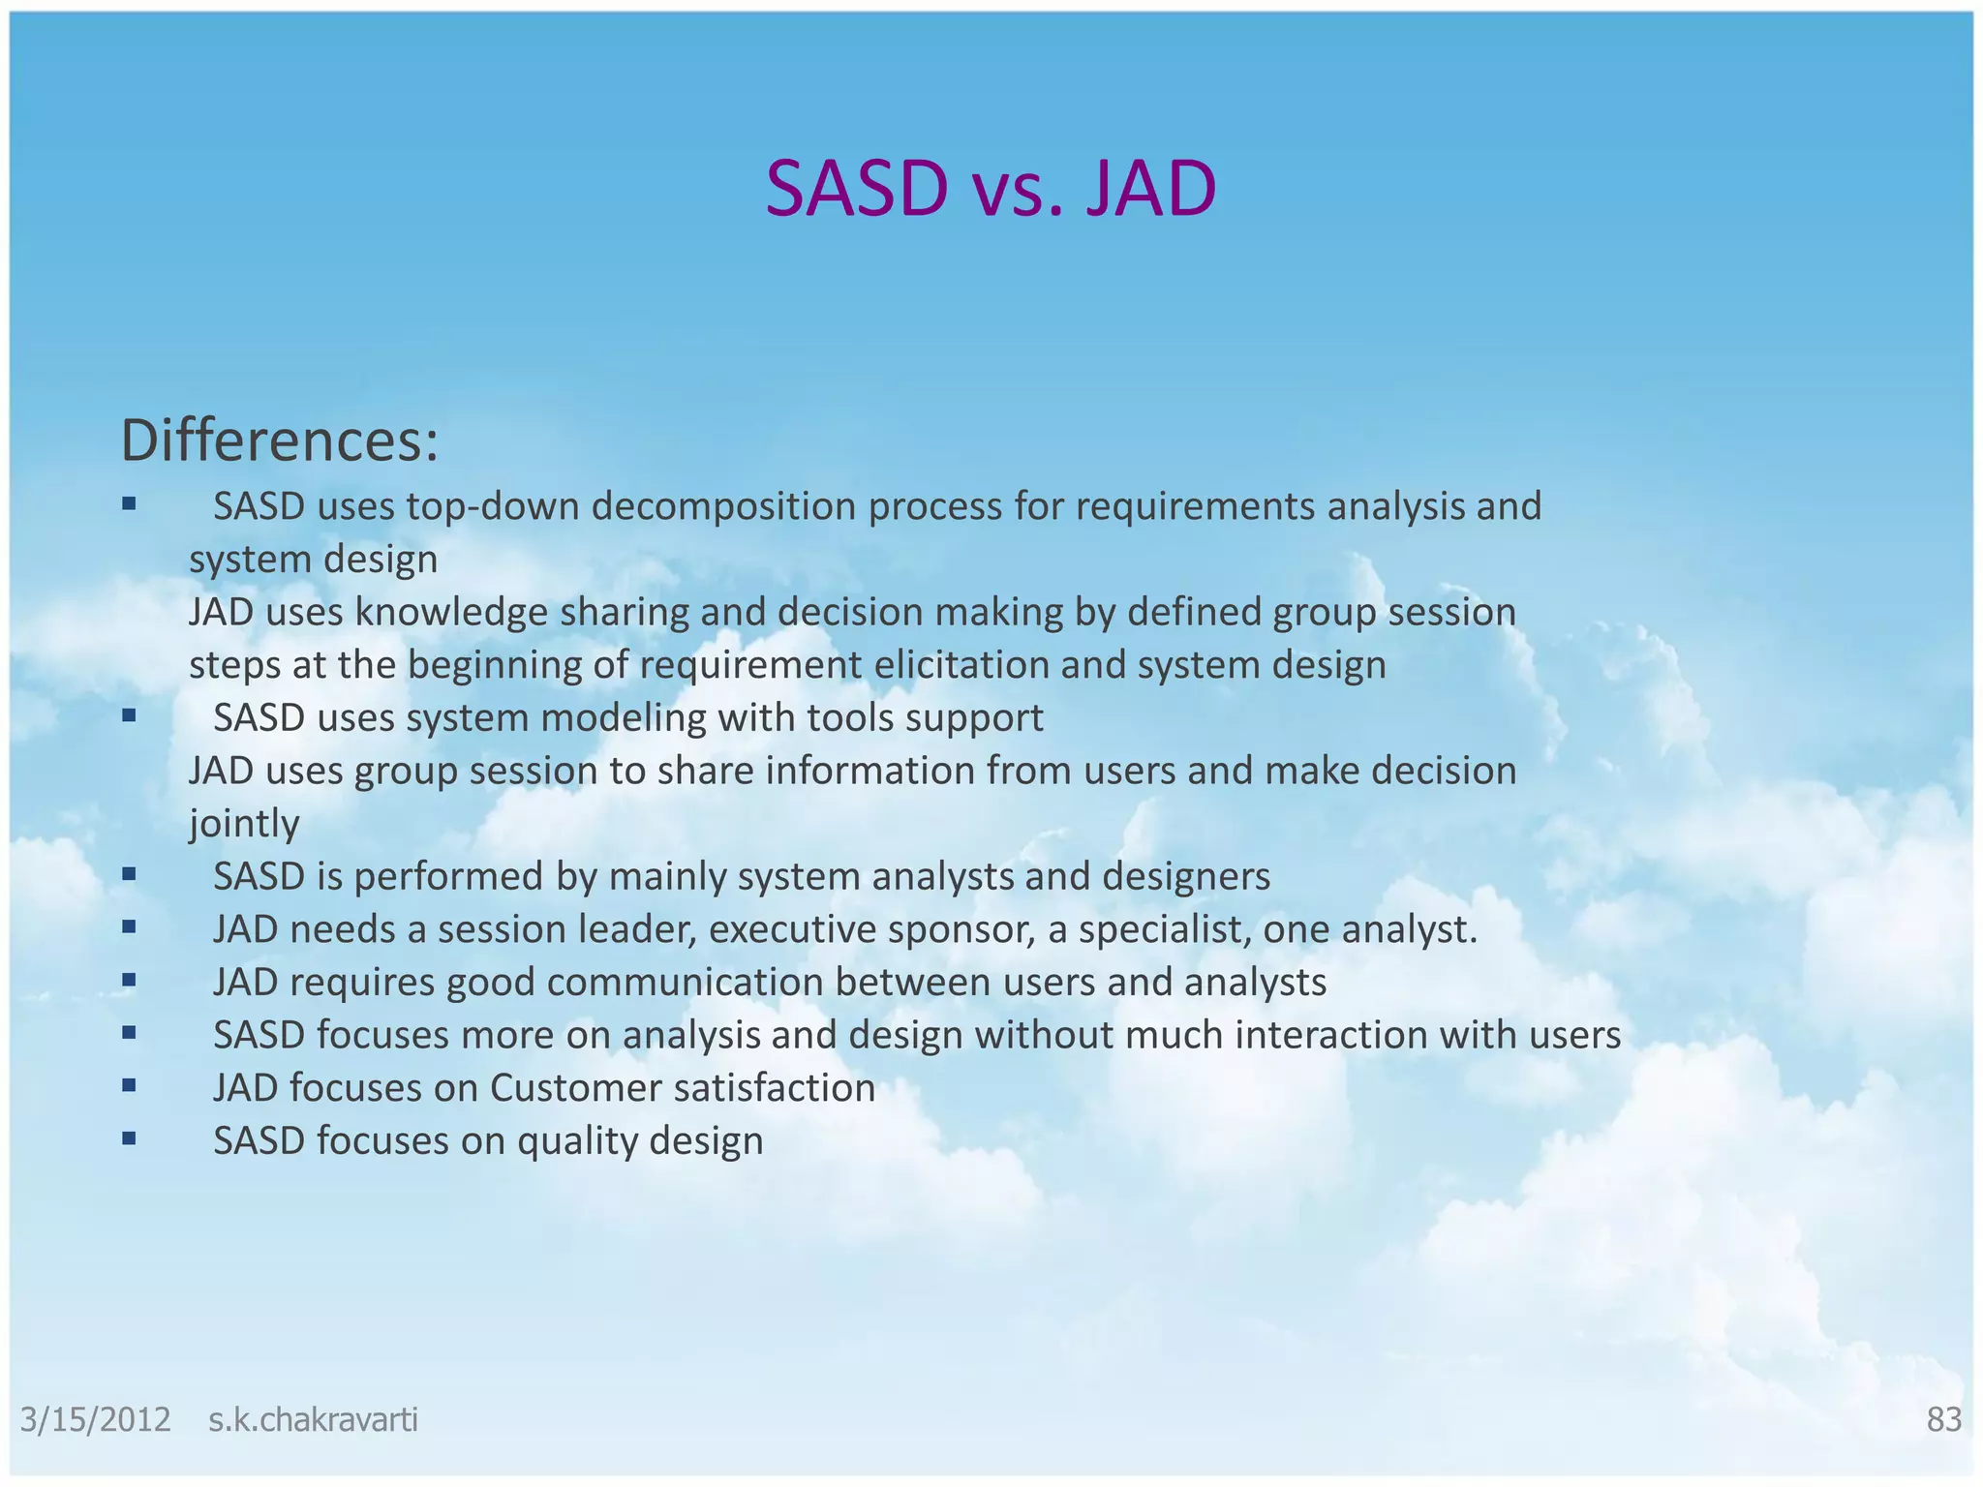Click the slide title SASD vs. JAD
(x=991, y=189)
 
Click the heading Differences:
(x=280, y=440)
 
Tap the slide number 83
(x=1943, y=1419)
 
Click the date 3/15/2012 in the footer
(x=96, y=1420)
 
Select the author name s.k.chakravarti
(x=313, y=1420)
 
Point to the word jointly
(x=244, y=824)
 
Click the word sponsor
(x=961, y=929)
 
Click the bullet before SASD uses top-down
(x=129, y=503)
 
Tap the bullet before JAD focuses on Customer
(x=129, y=1085)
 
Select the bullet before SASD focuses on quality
(x=129, y=1138)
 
